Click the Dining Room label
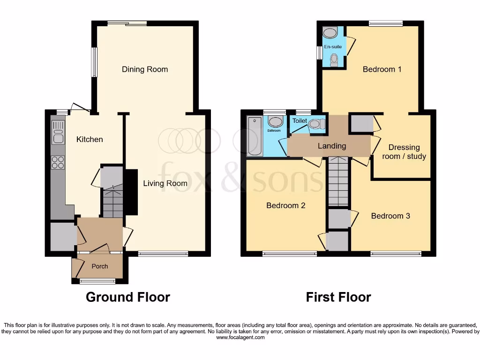click(x=145, y=69)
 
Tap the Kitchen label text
click(x=90, y=139)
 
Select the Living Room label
click(x=165, y=183)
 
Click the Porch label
click(x=99, y=266)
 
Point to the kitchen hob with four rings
click(x=58, y=162)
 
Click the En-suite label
click(x=333, y=47)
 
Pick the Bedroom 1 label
click(x=382, y=69)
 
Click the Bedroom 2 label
click(x=286, y=205)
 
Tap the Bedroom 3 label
click(x=390, y=216)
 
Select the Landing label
click(x=332, y=146)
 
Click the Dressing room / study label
click(x=404, y=152)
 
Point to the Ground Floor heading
click(x=128, y=297)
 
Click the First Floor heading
click(x=338, y=297)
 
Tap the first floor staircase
click(x=337, y=181)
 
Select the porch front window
click(x=97, y=281)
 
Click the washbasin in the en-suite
click(x=330, y=32)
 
